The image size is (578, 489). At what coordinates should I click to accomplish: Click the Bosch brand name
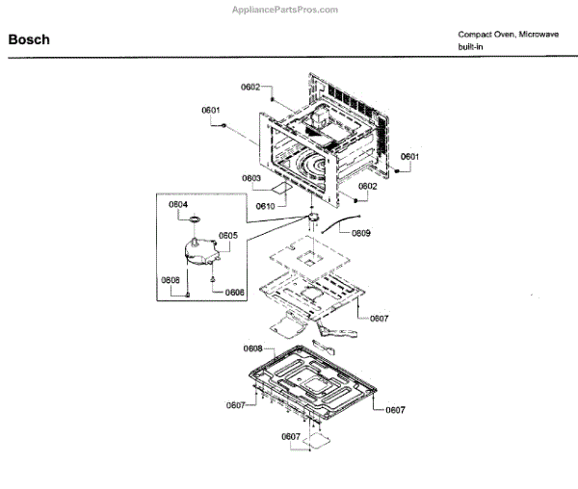pos(29,40)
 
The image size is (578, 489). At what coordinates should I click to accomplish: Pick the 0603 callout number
pos(251,178)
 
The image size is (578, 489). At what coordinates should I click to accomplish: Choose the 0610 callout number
pos(266,206)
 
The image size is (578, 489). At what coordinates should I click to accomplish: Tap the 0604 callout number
pos(178,205)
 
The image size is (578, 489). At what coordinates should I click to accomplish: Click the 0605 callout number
pos(227,235)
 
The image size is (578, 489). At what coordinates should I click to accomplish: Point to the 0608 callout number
pos(252,348)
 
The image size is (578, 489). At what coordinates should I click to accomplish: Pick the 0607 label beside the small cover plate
pos(291,437)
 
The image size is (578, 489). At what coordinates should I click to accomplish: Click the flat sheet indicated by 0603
pos(280,190)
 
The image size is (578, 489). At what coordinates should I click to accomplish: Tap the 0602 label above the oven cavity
pos(250,88)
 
